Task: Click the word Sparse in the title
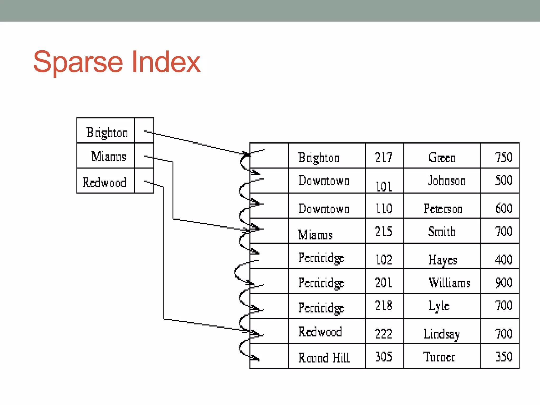click(78, 62)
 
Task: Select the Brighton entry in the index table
click(107, 132)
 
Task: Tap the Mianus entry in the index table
click(109, 156)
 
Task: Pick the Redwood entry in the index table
click(104, 182)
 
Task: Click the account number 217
click(384, 157)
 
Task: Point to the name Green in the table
click(442, 158)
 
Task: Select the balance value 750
click(504, 157)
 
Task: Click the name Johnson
click(447, 181)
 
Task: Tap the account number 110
click(384, 209)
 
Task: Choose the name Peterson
click(443, 209)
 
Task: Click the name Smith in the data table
click(442, 232)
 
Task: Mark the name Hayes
click(443, 260)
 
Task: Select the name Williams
click(450, 283)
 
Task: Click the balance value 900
click(504, 283)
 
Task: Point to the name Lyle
click(439, 306)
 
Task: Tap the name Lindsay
click(442, 334)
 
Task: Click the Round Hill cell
click(324, 358)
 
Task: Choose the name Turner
click(439, 357)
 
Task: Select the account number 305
click(384, 357)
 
